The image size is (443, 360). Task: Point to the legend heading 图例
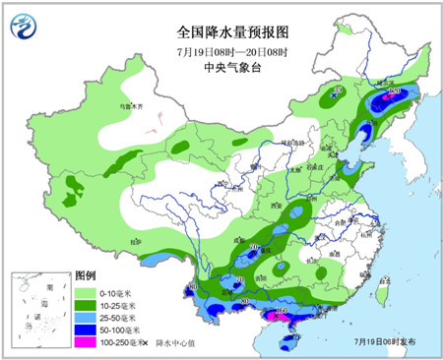[87, 274]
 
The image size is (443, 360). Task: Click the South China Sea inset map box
[40, 310]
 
